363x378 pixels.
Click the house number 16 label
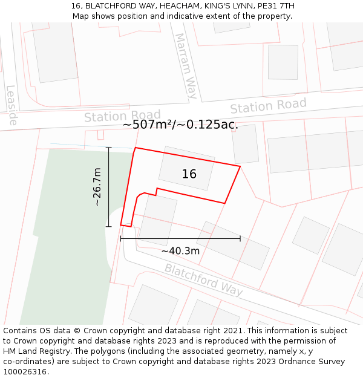pos(189,174)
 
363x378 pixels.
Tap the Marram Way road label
pos(186,66)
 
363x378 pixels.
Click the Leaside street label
pos(11,105)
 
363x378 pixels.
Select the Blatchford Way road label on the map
pos(204,279)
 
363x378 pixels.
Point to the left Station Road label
pos(122,116)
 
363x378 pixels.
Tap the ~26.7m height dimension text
pos(97,187)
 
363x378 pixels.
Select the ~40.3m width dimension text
pos(180,251)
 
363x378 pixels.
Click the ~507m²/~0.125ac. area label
pos(180,125)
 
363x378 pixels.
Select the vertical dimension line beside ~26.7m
pos(109,187)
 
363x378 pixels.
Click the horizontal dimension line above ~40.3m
pos(180,239)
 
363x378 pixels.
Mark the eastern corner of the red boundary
pos(240,166)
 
